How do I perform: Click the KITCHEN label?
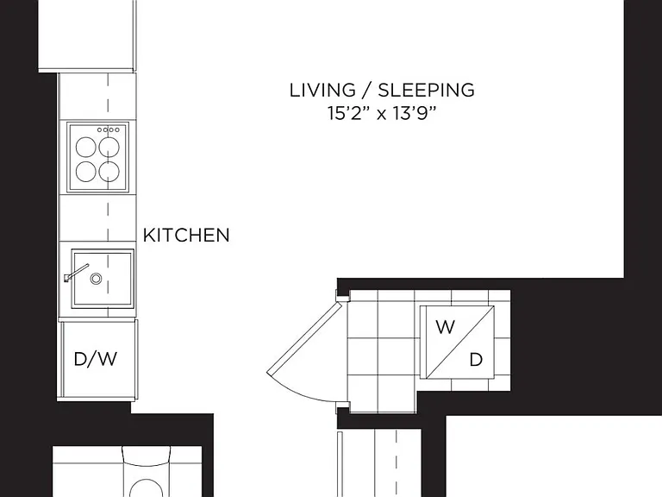point(186,236)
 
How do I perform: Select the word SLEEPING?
point(426,90)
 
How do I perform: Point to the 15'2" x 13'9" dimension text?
point(382,113)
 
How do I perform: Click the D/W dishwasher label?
point(96,359)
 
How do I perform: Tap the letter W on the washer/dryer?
point(445,327)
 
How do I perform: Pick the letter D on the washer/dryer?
point(476,360)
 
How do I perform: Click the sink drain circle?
point(96,279)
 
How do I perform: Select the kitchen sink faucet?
point(77,273)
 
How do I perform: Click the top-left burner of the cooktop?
point(85,148)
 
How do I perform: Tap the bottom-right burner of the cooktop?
point(109,171)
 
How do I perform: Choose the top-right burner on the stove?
point(109,148)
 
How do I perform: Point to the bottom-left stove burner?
point(85,171)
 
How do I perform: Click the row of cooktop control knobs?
point(109,129)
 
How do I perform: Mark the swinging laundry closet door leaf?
point(304,338)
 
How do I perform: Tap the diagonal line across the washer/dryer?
point(459,343)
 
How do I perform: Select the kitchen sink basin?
point(103,279)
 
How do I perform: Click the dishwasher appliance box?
point(98,359)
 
